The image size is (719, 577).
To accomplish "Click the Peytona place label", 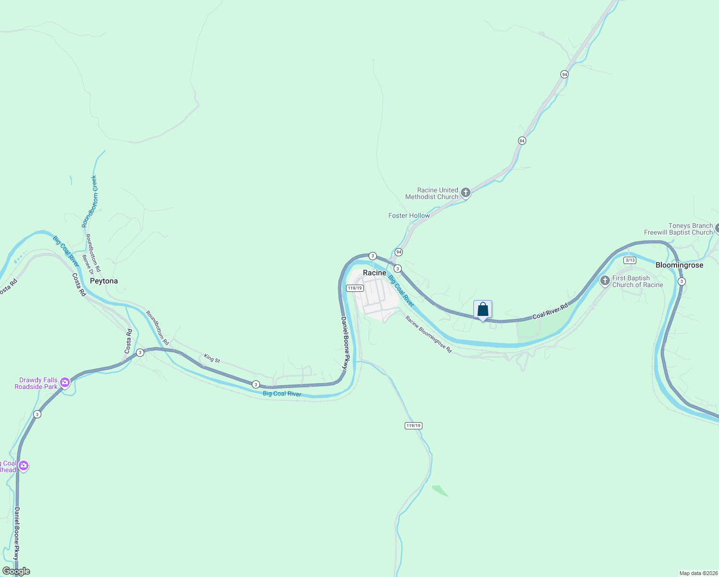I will (x=104, y=281).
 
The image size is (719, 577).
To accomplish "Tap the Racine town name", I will (x=374, y=273).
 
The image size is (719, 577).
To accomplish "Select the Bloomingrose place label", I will (x=679, y=265).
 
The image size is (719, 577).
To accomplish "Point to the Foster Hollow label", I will (x=409, y=215).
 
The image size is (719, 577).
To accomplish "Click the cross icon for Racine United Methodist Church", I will (x=465, y=193).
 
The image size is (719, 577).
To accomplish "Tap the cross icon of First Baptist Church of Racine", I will (x=605, y=280).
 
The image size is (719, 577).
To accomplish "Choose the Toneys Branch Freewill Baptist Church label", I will (x=678, y=229).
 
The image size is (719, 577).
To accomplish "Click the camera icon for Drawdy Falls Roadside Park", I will (x=65, y=383).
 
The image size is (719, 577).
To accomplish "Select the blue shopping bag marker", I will (x=483, y=310).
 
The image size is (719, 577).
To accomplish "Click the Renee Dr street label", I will (x=87, y=265).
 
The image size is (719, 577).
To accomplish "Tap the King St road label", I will (x=212, y=358).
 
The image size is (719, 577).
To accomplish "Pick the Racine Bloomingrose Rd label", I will (x=429, y=334).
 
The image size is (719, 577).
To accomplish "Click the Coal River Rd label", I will (x=550, y=311).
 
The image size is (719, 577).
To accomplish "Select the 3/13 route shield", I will (x=630, y=260).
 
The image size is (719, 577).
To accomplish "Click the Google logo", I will (x=16, y=571).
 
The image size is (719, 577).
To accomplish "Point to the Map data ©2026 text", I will (x=698, y=573).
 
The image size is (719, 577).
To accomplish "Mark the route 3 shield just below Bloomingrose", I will (x=681, y=281).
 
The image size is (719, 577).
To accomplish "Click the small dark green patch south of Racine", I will (x=440, y=490).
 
